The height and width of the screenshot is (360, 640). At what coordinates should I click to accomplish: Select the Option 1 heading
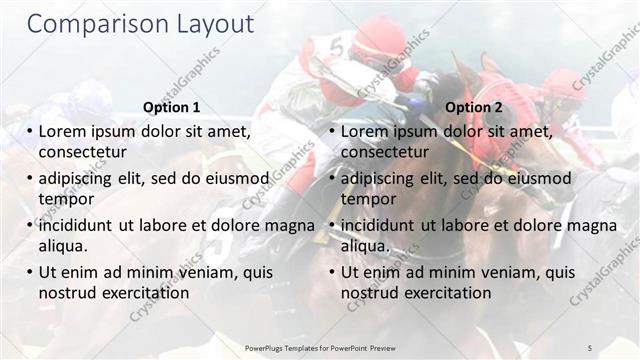point(171,107)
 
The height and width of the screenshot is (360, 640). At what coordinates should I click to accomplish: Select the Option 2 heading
point(474,107)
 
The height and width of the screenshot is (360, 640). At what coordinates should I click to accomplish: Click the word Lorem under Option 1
point(64,131)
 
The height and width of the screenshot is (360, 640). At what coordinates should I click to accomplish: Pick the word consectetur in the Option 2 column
point(384,152)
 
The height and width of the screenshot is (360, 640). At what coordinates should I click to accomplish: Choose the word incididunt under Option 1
point(79,225)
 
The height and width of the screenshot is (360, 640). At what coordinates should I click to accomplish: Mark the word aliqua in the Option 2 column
point(367,246)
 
